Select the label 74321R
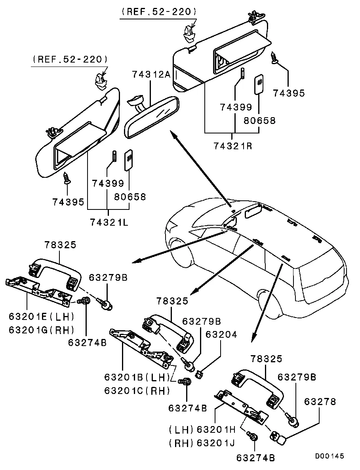pyautogui.click(x=233, y=146)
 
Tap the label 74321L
pyautogui.click(x=109, y=222)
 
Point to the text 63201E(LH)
pyautogui.click(x=41, y=317)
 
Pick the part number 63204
pyautogui.click(x=221, y=335)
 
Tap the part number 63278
pyautogui.click(x=320, y=402)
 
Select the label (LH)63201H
pyautogui.click(x=202, y=430)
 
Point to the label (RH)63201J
pyautogui.click(x=202, y=443)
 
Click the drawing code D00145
pyautogui.click(x=330, y=456)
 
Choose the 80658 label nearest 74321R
pyautogui.click(x=259, y=120)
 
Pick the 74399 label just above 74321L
pyautogui.click(x=108, y=184)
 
